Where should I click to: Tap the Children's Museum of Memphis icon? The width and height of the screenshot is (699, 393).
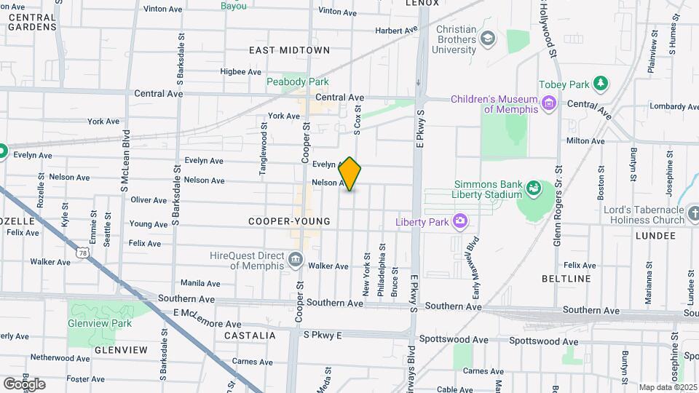[x=549, y=103]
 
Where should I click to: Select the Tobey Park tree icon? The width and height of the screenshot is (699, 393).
[x=601, y=84]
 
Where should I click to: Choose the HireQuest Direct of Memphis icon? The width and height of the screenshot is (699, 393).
[x=295, y=260]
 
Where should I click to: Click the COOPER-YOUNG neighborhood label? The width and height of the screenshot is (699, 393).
[x=289, y=221]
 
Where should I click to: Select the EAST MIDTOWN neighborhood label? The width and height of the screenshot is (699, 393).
[x=289, y=50]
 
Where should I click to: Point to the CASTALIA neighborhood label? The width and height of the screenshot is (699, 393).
[x=250, y=336]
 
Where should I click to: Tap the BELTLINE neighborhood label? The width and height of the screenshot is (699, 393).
[x=566, y=279]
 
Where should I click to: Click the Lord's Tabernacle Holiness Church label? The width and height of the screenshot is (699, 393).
[x=645, y=215]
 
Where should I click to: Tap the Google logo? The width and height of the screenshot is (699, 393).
[x=24, y=384]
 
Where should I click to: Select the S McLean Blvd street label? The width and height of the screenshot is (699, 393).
[x=125, y=162]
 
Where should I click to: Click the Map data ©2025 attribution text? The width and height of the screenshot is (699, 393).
[x=668, y=387]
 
